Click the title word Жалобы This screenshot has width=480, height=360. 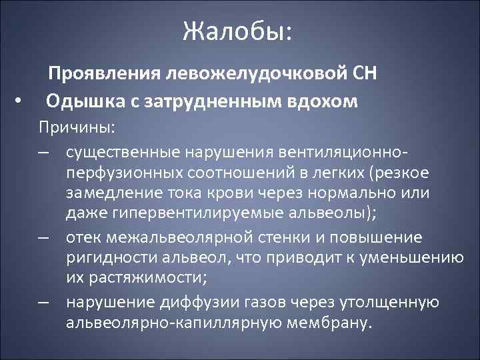click(x=236, y=31)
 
